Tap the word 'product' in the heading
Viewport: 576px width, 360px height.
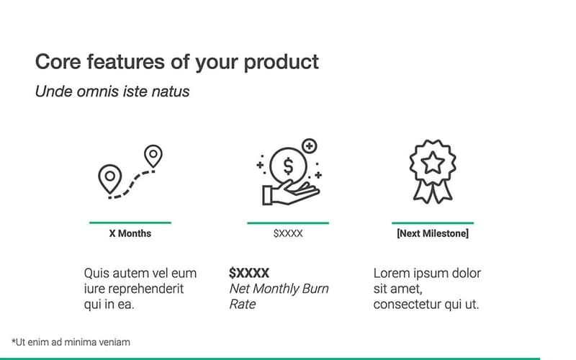(x=282, y=63)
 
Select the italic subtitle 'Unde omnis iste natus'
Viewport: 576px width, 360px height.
(x=112, y=92)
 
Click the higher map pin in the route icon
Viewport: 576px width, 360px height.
(x=153, y=155)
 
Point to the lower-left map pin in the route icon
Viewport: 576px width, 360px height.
(x=109, y=177)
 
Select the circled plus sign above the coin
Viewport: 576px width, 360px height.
(x=310, y=146)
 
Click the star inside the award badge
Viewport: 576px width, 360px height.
(x=432, y=163)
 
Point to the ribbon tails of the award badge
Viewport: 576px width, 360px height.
(x=432, y=191)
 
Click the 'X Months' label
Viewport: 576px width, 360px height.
(x=130, y=234)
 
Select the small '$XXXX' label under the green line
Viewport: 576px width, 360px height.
(x=288, y=234)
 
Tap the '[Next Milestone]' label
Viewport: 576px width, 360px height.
(x=432, y=234)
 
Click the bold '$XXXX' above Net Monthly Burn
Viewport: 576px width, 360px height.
(x=249, y=274)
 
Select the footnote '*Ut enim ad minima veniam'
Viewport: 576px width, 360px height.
(x=71, y=343)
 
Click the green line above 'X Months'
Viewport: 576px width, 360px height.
(x=130, y=222)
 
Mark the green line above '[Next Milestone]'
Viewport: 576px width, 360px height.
(x=432, y=222)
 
